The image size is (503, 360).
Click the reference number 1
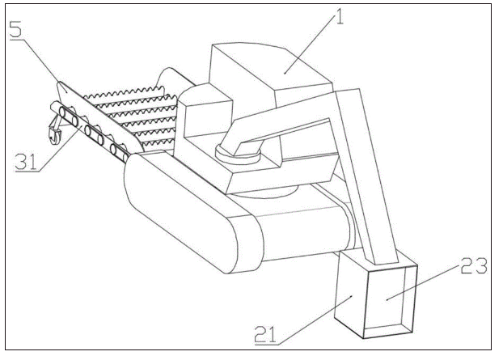coord(338,16)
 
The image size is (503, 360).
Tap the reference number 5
coord(15,29)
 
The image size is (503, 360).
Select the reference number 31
coord(27,161)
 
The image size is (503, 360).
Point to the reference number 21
coord(265,333)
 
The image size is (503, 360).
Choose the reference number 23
coord(474,265)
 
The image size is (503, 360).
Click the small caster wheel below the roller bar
coord(54,134)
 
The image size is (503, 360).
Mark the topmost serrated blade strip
coord(124,91)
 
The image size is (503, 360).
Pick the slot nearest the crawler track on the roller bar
coord(119,153)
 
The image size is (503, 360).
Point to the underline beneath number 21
coord(266,345)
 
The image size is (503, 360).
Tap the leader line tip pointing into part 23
coord(387,299)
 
